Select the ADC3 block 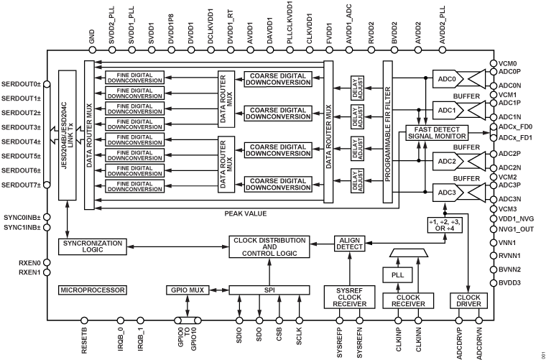click(x=447, y=193)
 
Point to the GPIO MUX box click(x=187, y=290)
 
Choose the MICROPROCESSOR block click(x=93, y=290)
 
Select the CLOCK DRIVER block click(x=468, y=300)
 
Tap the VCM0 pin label click(x=509, y=63)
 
